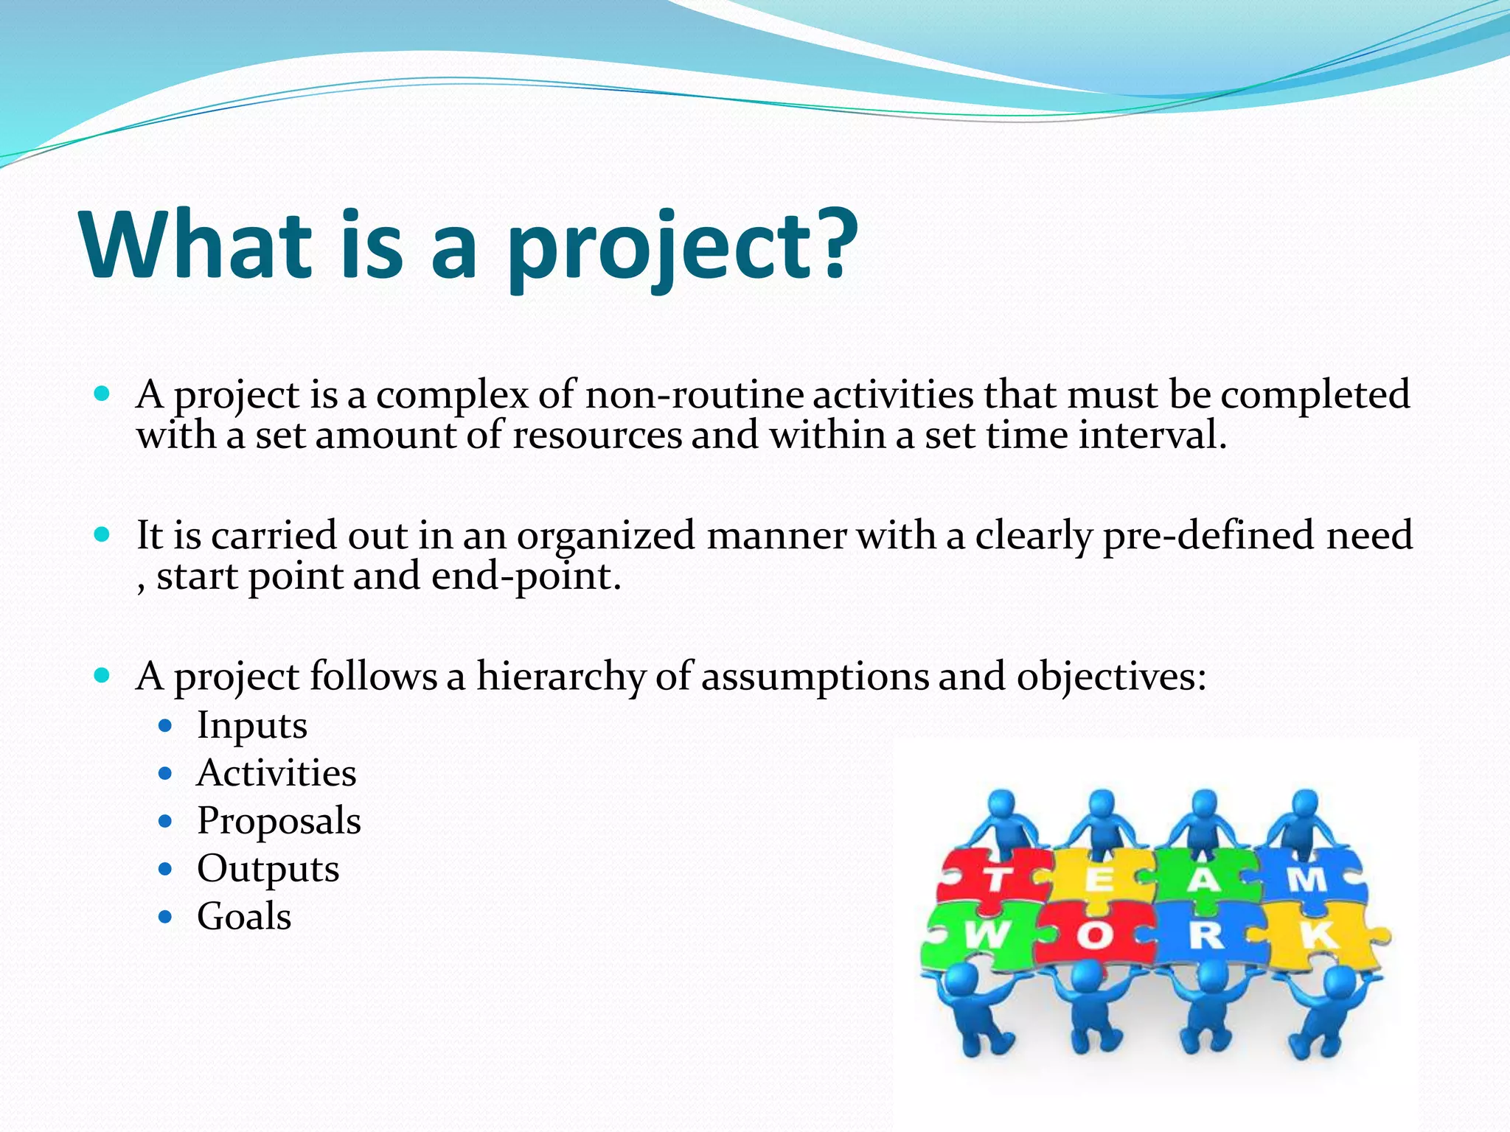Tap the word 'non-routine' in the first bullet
coord(693,395)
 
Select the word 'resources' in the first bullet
coord(597,435)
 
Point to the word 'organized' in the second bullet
coord(605,536)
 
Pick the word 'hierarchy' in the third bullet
coord(560,676)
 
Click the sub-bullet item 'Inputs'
coord(251,725)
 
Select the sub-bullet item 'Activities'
coord(276,773)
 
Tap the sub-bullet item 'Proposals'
coord(279,821)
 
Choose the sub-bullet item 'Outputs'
coord(268,869)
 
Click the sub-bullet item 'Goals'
coord(244,917)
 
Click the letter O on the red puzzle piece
coord(1094,937)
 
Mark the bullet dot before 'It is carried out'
coord(102,534)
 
